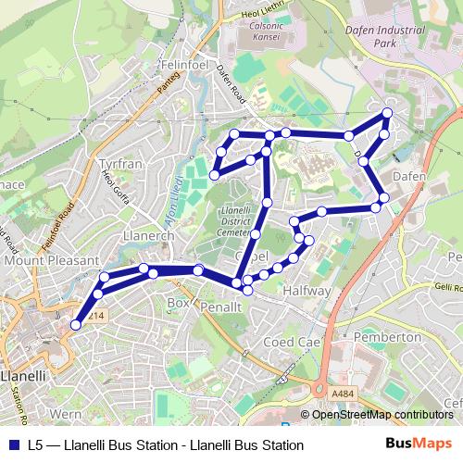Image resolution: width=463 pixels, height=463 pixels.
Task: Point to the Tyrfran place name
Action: [119, 164]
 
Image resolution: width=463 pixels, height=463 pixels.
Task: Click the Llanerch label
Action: [149, 236]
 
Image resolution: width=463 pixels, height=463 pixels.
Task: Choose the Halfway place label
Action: [307, 291]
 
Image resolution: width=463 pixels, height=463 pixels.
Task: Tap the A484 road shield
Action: [344, 393]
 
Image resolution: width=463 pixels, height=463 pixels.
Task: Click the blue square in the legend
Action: [11, 445]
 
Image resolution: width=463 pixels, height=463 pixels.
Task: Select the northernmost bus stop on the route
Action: [387, 113]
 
